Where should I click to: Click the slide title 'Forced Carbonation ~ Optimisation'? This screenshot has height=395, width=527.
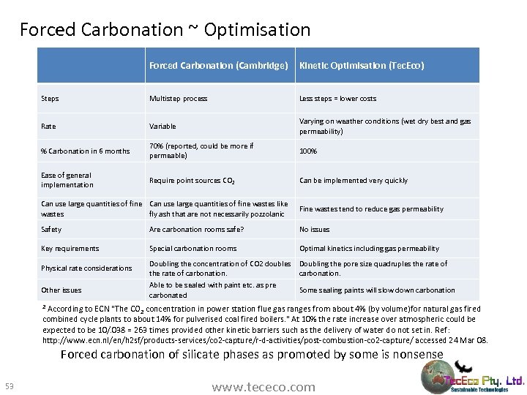[x=165, y=30]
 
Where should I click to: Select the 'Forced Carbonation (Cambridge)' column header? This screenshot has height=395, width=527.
[x=218, y=66]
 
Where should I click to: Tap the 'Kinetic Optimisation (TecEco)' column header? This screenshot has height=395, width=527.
[x=362, y=66]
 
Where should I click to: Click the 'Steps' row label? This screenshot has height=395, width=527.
[x=51, y=99]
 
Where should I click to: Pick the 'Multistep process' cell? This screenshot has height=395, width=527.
[x=178, y=99]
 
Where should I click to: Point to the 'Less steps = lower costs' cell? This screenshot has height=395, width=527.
[x=337, y=99]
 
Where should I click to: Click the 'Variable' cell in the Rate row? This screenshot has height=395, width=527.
[x=162, y=127]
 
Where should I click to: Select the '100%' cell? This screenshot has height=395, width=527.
[x=308, y=151]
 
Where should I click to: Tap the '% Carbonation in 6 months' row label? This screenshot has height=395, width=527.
[x=85, y=151]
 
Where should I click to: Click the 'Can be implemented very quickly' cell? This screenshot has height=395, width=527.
[x=354, y=181]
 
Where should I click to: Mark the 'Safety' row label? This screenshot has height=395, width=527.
[x=51, y=230]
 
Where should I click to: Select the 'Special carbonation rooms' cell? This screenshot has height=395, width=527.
[x=193, y=249]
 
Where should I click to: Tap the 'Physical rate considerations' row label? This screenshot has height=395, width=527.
[x=86, y=268]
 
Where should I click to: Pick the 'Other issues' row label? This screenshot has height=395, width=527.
[x=61, y=290]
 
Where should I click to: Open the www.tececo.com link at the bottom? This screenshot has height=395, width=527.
[x=263, y=387]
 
